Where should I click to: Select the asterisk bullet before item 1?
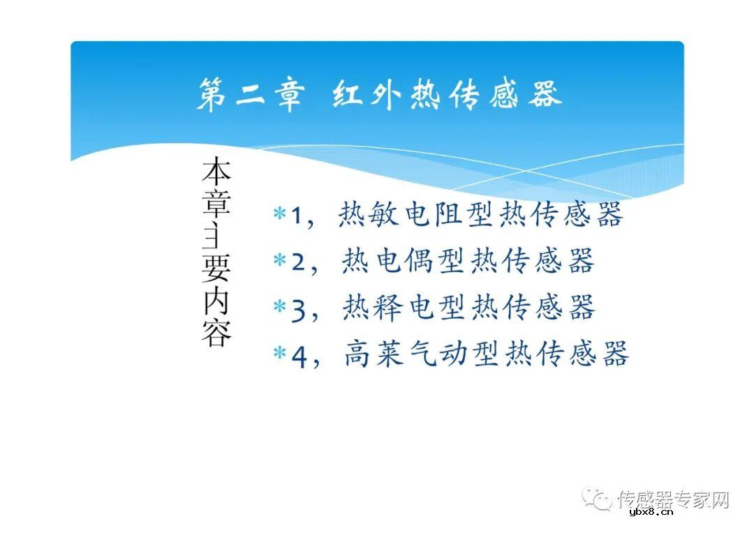click(x=279, y=215)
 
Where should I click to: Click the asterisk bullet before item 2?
click(x=279, y=261)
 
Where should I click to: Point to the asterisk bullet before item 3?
click(x=279, y=308)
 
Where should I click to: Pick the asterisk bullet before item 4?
click(x=279, y=354)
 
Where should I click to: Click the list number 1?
click(x=296, y=217)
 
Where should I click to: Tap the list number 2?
click(x=298, y=263)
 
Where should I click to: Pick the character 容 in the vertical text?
click(x=216, y=333)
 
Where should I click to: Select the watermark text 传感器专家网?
click(x=673, y=500)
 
